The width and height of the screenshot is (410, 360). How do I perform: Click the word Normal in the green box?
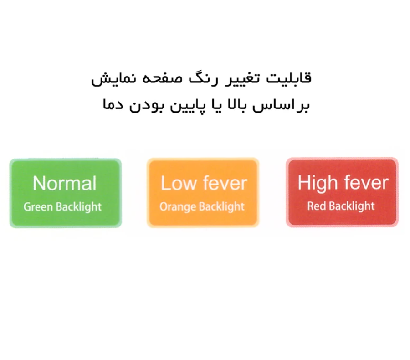point(65,183)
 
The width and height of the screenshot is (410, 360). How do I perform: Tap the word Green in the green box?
point(38,207)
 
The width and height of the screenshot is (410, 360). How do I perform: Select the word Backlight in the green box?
point(78,206)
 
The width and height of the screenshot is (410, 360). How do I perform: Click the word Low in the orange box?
point(179,183)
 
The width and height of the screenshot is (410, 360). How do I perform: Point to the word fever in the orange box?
point(225,183)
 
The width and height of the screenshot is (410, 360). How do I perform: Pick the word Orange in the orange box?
point(178,207)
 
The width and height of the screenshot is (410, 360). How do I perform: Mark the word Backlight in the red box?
point(352,206)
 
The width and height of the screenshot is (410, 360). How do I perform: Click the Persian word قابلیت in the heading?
point(289,78)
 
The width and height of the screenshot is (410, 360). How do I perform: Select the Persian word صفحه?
point(162,79)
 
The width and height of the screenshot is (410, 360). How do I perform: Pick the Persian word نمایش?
point(113,79)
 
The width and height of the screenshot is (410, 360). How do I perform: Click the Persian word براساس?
point(281,105)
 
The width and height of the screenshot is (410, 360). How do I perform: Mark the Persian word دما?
point(113,104)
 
